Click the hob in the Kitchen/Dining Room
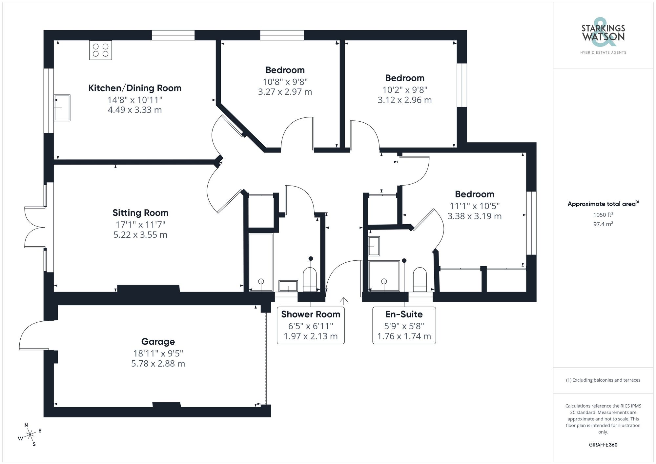100,50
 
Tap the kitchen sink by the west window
62,108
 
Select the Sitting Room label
140,213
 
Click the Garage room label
158,342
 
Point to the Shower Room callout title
311,314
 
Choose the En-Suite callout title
404,314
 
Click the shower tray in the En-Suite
384,276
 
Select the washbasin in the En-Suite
374,246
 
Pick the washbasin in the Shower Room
288,286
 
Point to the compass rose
30,435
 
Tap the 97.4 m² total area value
603,224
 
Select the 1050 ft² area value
603,215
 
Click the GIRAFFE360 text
603,445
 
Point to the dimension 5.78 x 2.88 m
158,364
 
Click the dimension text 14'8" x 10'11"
135,99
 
